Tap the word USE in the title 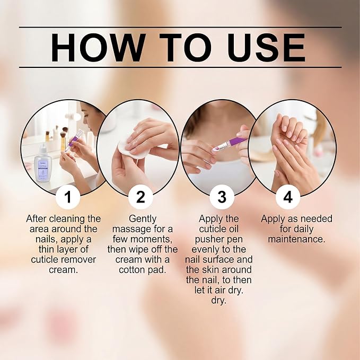266,48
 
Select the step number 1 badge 68,197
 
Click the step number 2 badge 141,197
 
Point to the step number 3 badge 222,197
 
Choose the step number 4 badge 288,197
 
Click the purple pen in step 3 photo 230,144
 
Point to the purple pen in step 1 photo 73,141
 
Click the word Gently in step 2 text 143,219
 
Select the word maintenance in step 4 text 296,239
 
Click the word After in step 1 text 37,219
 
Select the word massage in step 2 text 131,230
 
